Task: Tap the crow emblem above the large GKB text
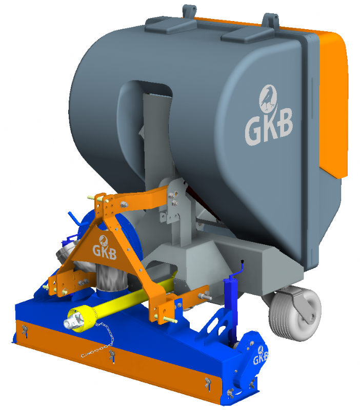(268, 98)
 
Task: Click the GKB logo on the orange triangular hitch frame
(105, 248)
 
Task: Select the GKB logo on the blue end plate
(261, 356)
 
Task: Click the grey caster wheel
(295, 314)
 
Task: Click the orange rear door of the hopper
(332, 102)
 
